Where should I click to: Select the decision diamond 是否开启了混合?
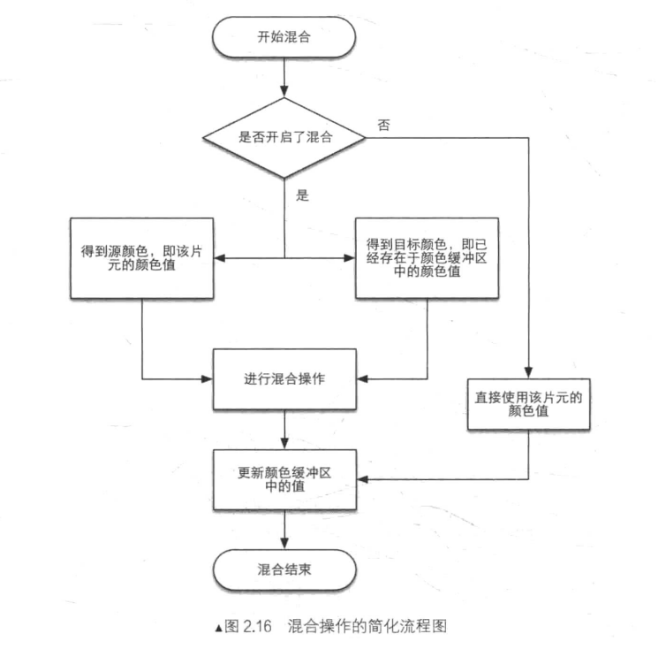(x=284, y=137)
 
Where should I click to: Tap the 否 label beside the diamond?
(x=383, y=126)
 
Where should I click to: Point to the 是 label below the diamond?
(x=302, y=196)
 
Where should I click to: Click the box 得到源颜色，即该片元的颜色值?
(x=142, y=259)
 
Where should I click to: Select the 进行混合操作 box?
(x=284, y=379)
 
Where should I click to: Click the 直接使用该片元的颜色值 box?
(x=527, y=404)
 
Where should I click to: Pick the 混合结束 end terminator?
(x=284, y=569)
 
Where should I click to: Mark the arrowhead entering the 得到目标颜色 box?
(x=349, y=259)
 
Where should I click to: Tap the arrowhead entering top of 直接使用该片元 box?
(x=527, y=373)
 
